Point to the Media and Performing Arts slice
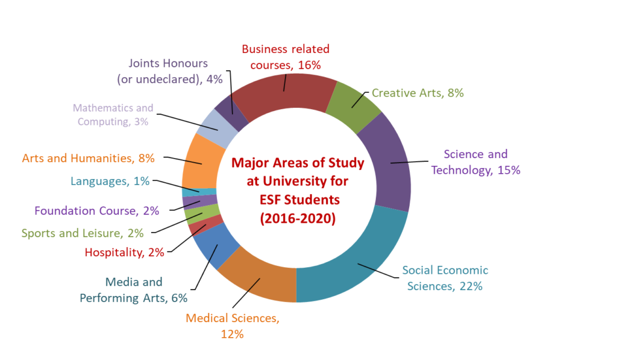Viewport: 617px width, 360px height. pos(215,244)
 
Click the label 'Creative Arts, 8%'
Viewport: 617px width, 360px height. pos(418,93)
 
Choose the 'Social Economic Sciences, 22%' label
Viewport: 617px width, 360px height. pos(445,278)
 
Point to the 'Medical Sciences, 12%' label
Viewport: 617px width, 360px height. pos(232,326)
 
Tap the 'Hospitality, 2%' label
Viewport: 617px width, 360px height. pos(124,253)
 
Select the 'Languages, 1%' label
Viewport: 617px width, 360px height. pos(110,180)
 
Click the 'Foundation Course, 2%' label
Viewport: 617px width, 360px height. pos(96,210)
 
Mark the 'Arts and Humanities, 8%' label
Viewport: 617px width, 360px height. pos(88,159)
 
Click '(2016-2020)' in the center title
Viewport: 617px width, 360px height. pos(297,218)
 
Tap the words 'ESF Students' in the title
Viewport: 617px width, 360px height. pos(298,199)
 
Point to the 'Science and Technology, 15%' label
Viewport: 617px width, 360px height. pos(475,162)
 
